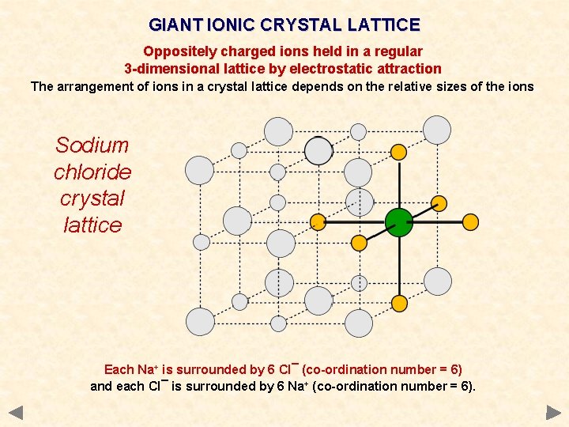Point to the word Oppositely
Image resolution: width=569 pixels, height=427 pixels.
[x=178, y=51]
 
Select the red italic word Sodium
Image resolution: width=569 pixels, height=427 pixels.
[x=92, y=145]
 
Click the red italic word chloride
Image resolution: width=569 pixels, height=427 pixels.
[x=92, y=172]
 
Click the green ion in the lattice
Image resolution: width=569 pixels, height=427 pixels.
[x=399, y=222]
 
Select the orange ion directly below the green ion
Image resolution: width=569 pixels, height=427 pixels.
[x=400, y=303]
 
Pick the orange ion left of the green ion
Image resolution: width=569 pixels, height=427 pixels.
[x=318, y=222]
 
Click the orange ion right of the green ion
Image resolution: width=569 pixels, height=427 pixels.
[x=470, y=222]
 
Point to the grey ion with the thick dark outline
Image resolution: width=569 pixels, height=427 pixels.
[x=318, y=150]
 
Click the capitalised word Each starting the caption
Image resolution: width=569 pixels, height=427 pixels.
[x=119, y=369]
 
